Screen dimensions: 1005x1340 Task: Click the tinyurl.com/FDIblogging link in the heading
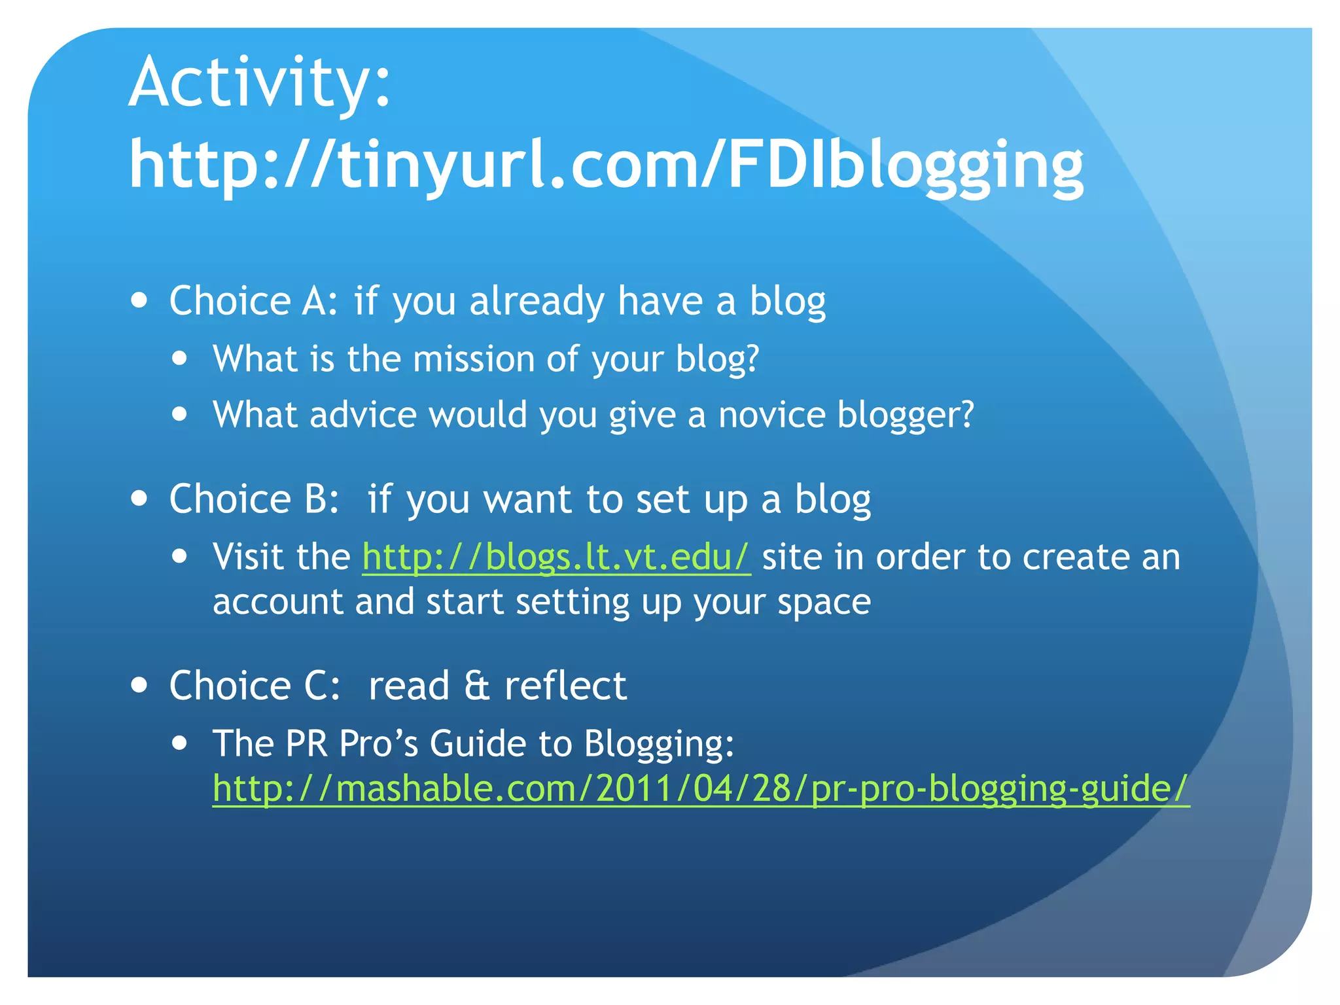[x=606, y=165]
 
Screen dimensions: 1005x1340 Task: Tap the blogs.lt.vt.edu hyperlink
[x=556, y=557]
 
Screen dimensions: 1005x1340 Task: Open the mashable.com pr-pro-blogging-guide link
[x=700, y=788]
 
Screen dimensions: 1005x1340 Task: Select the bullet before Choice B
[x=139, y=499]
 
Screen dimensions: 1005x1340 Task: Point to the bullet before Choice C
[x=139, y=685]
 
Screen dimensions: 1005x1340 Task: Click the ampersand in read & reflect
[x=477, y=686]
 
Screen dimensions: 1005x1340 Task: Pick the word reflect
[x=565, y=686]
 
